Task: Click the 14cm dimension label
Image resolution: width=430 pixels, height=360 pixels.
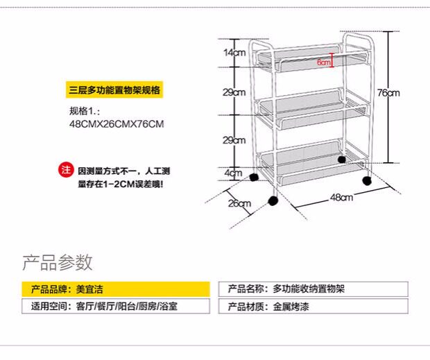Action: coord(234,53)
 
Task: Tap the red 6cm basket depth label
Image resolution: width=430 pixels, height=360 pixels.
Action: coord(324,62)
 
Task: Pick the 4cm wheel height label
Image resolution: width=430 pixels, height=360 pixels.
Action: coord(234,172)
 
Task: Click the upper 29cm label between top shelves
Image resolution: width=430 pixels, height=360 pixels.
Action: coord(234,93)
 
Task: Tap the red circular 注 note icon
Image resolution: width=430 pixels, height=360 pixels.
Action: coord(66,170)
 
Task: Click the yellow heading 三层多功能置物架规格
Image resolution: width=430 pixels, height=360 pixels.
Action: coord(116,91)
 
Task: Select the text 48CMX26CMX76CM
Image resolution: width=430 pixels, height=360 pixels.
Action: coord(116,124)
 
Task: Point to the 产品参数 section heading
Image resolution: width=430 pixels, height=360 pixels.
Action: coord(58,263)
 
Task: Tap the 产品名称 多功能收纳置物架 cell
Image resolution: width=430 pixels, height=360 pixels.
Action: coord(313,289)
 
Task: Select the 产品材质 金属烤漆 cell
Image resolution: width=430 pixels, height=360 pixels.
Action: coord(313,306)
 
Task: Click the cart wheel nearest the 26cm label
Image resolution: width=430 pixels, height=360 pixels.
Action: coord(273,201)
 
